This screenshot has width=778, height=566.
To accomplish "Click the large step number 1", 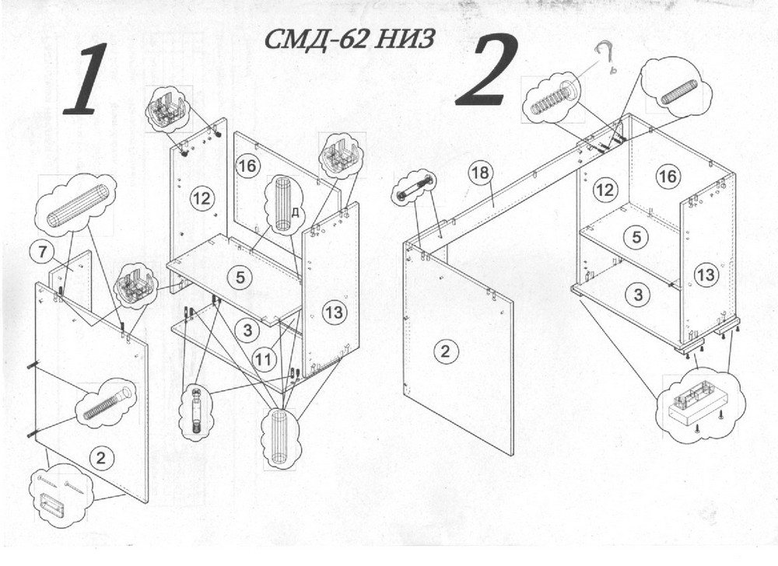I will tap(83, 79).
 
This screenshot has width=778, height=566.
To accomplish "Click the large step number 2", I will tap(488, 72).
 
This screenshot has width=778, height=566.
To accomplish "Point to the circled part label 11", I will tap(264, 358).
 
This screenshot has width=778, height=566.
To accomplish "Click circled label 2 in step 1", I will tap(100, 457).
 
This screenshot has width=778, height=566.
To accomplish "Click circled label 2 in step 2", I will tap(444, 351).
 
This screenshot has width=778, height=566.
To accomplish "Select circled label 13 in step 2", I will tap(706, 274).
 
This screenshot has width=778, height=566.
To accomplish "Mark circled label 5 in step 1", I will tap(240, 274).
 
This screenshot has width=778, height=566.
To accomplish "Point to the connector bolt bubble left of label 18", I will tap(413, 189).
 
